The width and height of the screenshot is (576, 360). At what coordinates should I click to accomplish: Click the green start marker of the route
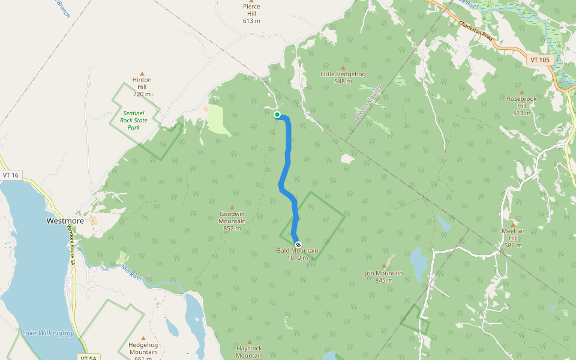click(x=277, y=115)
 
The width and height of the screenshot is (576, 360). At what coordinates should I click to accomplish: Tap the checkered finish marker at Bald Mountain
click(x=298, y=245)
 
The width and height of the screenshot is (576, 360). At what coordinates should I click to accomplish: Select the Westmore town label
click(x=65, y=221)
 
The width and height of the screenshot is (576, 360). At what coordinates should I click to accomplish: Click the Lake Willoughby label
click(x=48, y=333)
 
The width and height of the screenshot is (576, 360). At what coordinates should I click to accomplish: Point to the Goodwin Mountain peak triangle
click(x=232, y=208)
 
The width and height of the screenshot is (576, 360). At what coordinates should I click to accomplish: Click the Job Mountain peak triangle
click(x=384, y=266)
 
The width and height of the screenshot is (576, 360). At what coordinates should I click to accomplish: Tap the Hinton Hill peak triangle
click(x=142, y=73)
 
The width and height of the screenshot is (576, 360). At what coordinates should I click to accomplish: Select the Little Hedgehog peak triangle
click(x=343, y=68)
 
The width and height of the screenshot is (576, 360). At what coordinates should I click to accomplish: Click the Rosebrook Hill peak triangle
click(x=522, y=92)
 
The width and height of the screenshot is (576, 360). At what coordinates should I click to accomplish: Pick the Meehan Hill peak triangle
click(x=513, y=224)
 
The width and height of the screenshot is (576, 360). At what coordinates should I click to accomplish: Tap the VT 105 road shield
click(x=540, y=60)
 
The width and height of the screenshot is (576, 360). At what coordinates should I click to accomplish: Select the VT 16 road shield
click(x=11, y=175)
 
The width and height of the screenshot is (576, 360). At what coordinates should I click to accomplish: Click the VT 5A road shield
click(x=87, y=358)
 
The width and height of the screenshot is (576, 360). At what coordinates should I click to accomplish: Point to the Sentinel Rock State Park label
click(x=134, y=120)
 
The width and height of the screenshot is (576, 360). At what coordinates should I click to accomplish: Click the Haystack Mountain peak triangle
click(x=250, y=341)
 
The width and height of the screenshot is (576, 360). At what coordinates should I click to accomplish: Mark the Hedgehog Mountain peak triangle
click(x=143, y=338)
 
